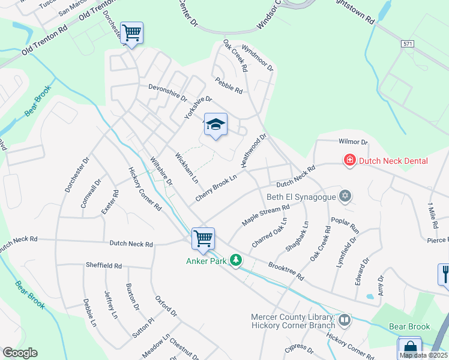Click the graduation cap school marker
(215, 125)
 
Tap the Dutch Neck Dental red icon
(349, 160)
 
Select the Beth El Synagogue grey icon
(345, 196)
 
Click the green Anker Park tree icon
(237, 260)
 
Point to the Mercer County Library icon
(345, 320)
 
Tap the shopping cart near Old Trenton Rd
(131, 32)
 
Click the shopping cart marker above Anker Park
(203, 238)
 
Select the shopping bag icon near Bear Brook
(410, 348)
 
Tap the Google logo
(20, 353)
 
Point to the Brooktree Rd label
(286, 272)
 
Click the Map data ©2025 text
(424, 355)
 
